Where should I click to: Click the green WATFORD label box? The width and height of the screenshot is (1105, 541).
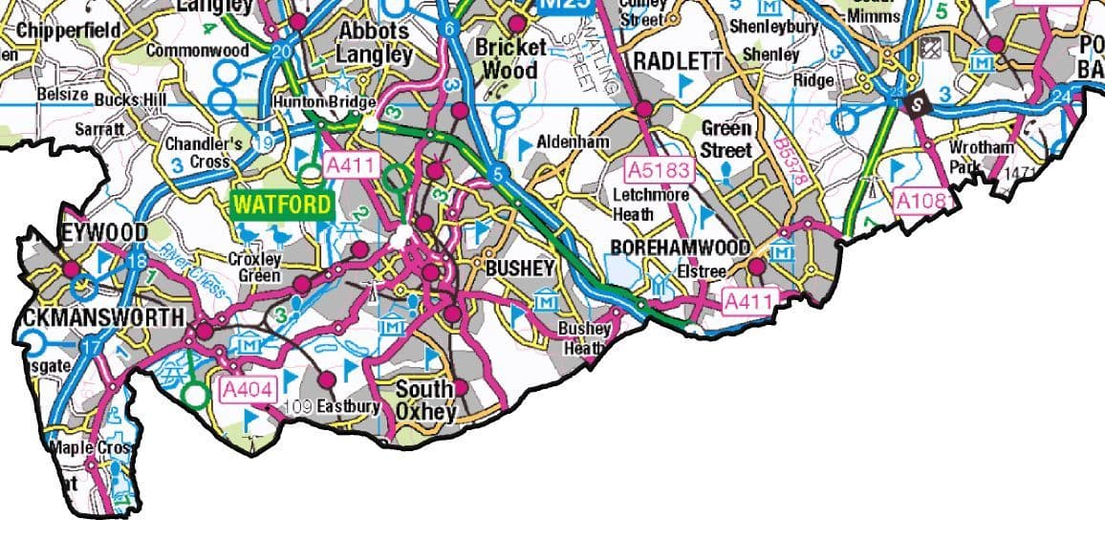(282, 205)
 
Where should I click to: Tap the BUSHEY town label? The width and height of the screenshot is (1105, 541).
(520, 269)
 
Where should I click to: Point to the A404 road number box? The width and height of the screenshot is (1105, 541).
(248, 389)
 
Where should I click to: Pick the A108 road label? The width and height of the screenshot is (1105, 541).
(921, 201)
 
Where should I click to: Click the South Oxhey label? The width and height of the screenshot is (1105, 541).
(425, 400)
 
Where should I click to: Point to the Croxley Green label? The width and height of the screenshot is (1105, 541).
(255, 268)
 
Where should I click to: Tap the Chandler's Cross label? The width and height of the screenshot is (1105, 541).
(203, 153)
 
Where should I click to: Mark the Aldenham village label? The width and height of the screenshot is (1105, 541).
(573, 141)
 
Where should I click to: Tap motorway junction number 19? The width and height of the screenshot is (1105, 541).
(266, 142)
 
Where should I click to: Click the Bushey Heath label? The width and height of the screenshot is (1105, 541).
(584, 337)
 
